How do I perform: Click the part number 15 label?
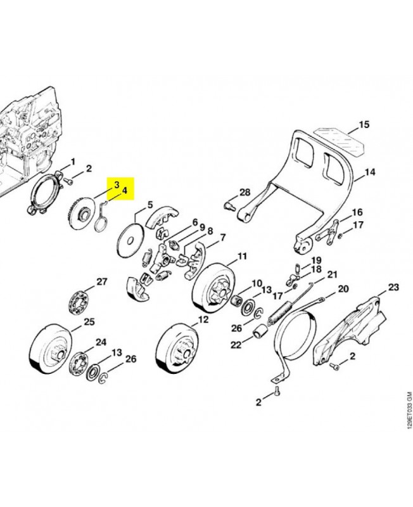364,125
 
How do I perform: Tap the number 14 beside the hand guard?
371,172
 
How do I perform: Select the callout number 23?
394,288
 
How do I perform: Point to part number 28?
245,193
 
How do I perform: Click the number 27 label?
102,281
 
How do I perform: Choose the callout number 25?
89,322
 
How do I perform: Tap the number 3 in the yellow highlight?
117,184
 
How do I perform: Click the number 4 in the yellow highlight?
125,189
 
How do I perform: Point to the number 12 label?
202,320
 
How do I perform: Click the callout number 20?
343,289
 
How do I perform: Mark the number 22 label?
235,345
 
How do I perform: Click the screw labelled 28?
230,205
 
